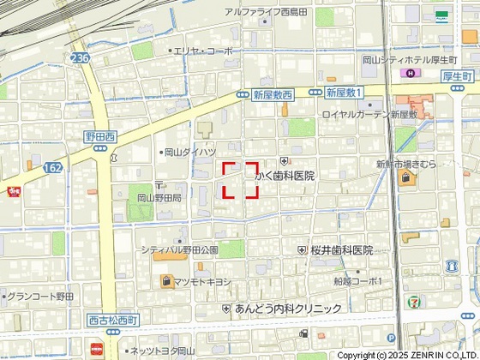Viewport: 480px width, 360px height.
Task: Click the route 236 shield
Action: [x=81, y=57]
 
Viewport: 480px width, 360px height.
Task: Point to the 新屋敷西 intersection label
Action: [x=272, y=95]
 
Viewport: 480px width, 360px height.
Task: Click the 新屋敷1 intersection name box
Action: [x=345, y=92]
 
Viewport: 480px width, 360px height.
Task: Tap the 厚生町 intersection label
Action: [x=459, y=76]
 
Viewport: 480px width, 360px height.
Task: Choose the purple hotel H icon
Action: [x=409, y=75]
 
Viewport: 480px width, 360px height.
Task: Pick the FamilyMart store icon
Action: [x=442, y=15]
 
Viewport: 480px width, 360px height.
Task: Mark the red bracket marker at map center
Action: [x=241, y=180]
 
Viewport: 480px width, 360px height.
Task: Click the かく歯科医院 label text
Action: [x=285, y=176]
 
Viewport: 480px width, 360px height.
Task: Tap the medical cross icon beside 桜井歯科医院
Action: [x=302, y=250]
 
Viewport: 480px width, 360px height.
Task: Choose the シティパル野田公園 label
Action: [x=179, y=249]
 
